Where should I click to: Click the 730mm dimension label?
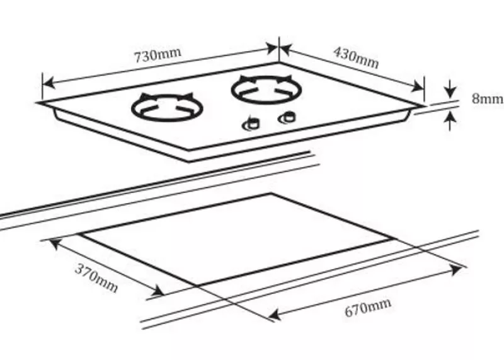click(157, 55)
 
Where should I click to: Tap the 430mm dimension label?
click(356, 57)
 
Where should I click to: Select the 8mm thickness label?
click(487, 98)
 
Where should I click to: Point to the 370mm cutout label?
click(96, 277)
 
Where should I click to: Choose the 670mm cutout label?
click(368, 308)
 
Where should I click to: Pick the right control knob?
click(287, 118)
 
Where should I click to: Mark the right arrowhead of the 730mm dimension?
click(271, 49)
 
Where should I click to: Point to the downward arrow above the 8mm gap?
click(450, 88)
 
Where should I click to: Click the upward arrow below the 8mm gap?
click(450, 120)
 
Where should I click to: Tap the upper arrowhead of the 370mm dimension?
click(55, 243)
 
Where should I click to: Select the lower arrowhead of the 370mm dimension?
click(158, 291)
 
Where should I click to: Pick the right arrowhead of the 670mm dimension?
click(455, 269)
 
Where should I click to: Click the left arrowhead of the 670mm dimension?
click(275, 314)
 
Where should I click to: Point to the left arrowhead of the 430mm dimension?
click(286, 50)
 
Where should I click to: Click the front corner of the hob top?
click(188, 149)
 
